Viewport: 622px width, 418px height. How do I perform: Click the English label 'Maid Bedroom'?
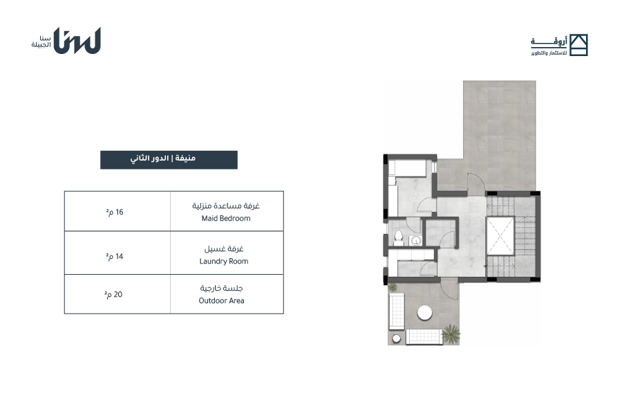pos(226,218)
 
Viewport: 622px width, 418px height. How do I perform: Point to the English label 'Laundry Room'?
pos(224,261)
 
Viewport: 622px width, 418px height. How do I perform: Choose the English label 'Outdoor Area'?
pos(221,301)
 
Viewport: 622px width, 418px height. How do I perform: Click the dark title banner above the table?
pos(169,160)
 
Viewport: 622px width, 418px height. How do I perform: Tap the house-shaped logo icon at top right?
pos(578,45)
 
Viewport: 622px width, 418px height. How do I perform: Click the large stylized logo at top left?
pos(77,41)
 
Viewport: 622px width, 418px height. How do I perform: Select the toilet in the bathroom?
pos(398,237)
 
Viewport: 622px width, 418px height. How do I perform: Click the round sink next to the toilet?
pos(416,241)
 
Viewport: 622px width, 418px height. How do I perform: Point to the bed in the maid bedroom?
pos(407,167)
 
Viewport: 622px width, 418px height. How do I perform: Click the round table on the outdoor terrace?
pos(425,312)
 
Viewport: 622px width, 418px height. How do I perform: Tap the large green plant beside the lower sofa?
pos(451,333)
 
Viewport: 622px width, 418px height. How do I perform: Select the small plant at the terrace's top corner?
pos(393,287)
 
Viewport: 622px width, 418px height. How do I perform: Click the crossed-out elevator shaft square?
pos(500,236)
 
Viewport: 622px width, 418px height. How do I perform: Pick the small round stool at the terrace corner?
pos(396,338)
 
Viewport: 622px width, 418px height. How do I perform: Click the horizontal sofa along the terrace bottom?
pos(424,336)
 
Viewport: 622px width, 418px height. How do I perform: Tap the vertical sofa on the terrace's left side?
pos(396,311)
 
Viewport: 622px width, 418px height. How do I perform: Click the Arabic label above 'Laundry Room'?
pos(224,249)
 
